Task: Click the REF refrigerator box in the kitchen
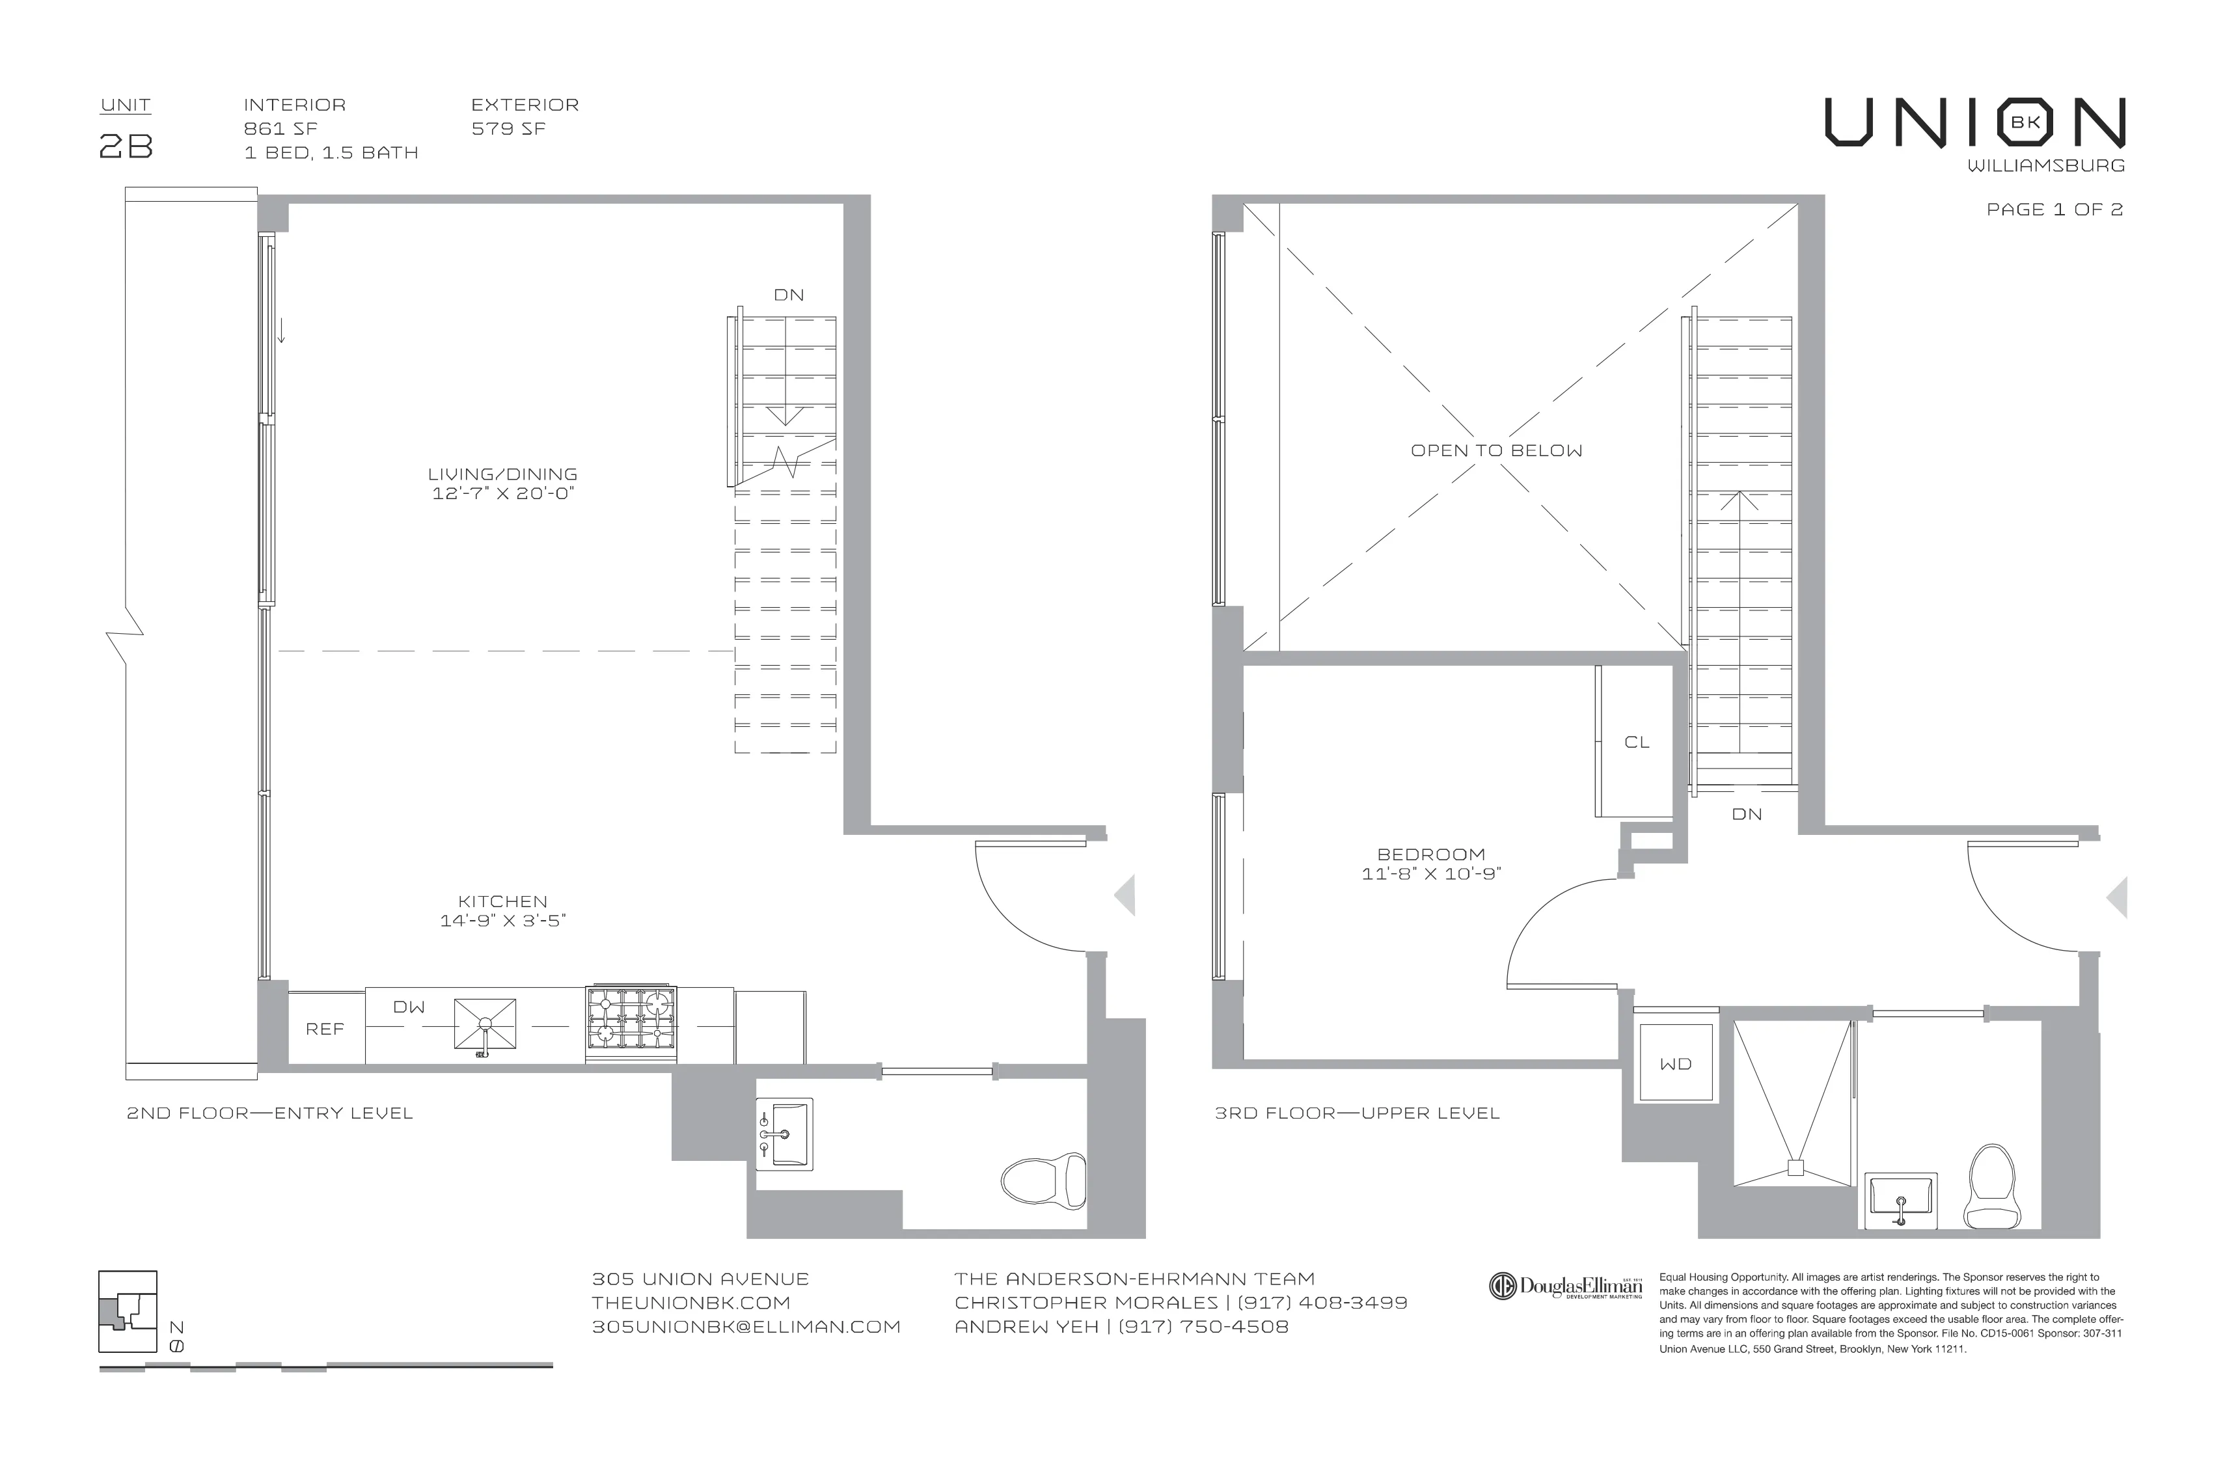[x=325, y=1028]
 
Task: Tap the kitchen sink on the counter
[x=485, y=1023]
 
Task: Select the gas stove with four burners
[x=631, y=1023]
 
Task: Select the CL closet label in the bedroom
[x=1636, y=742]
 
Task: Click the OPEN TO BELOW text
[x=1497, y=451]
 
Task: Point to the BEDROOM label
[x=1431, y=854]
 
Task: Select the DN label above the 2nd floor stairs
[x=789, y=294]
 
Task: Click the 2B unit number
[x=126, y=147]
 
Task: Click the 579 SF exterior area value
[x=508, y=128]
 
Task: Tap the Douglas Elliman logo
[x=1565, y=1287]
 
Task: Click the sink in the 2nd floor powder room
[x=785, y=1134]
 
